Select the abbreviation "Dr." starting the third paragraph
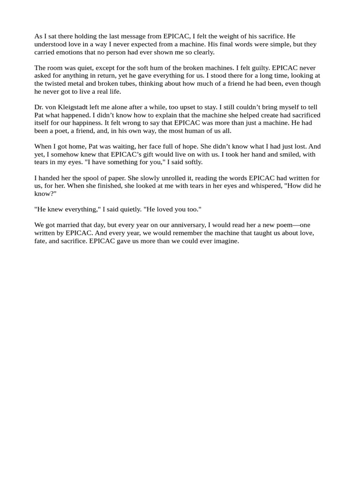pos(39,107)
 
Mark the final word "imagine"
pos(226,241)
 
